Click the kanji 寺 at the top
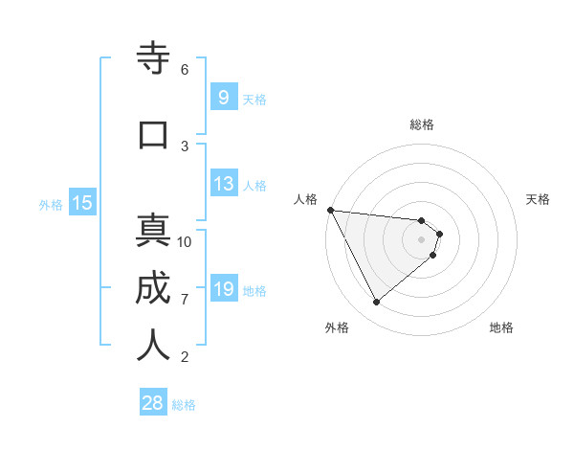(153, 59)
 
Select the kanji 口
(153, 134)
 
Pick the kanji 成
(153, 288)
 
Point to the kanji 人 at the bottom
(153, 346)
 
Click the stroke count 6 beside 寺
(185, 70)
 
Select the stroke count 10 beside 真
(185, 242)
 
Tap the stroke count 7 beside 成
(185, 300)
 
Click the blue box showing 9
(223, 97)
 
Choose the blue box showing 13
(223, 184)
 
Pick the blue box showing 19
(223, 289)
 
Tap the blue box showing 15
(81, 202)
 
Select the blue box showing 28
(153, 403)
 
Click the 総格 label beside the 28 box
(184, 405)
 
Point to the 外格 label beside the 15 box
(51, 204)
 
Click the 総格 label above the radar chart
(421, 124)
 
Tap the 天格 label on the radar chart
(539, 199)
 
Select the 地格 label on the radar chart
(501, 327)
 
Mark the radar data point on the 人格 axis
(330, 210)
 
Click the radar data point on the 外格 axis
(376, 303)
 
